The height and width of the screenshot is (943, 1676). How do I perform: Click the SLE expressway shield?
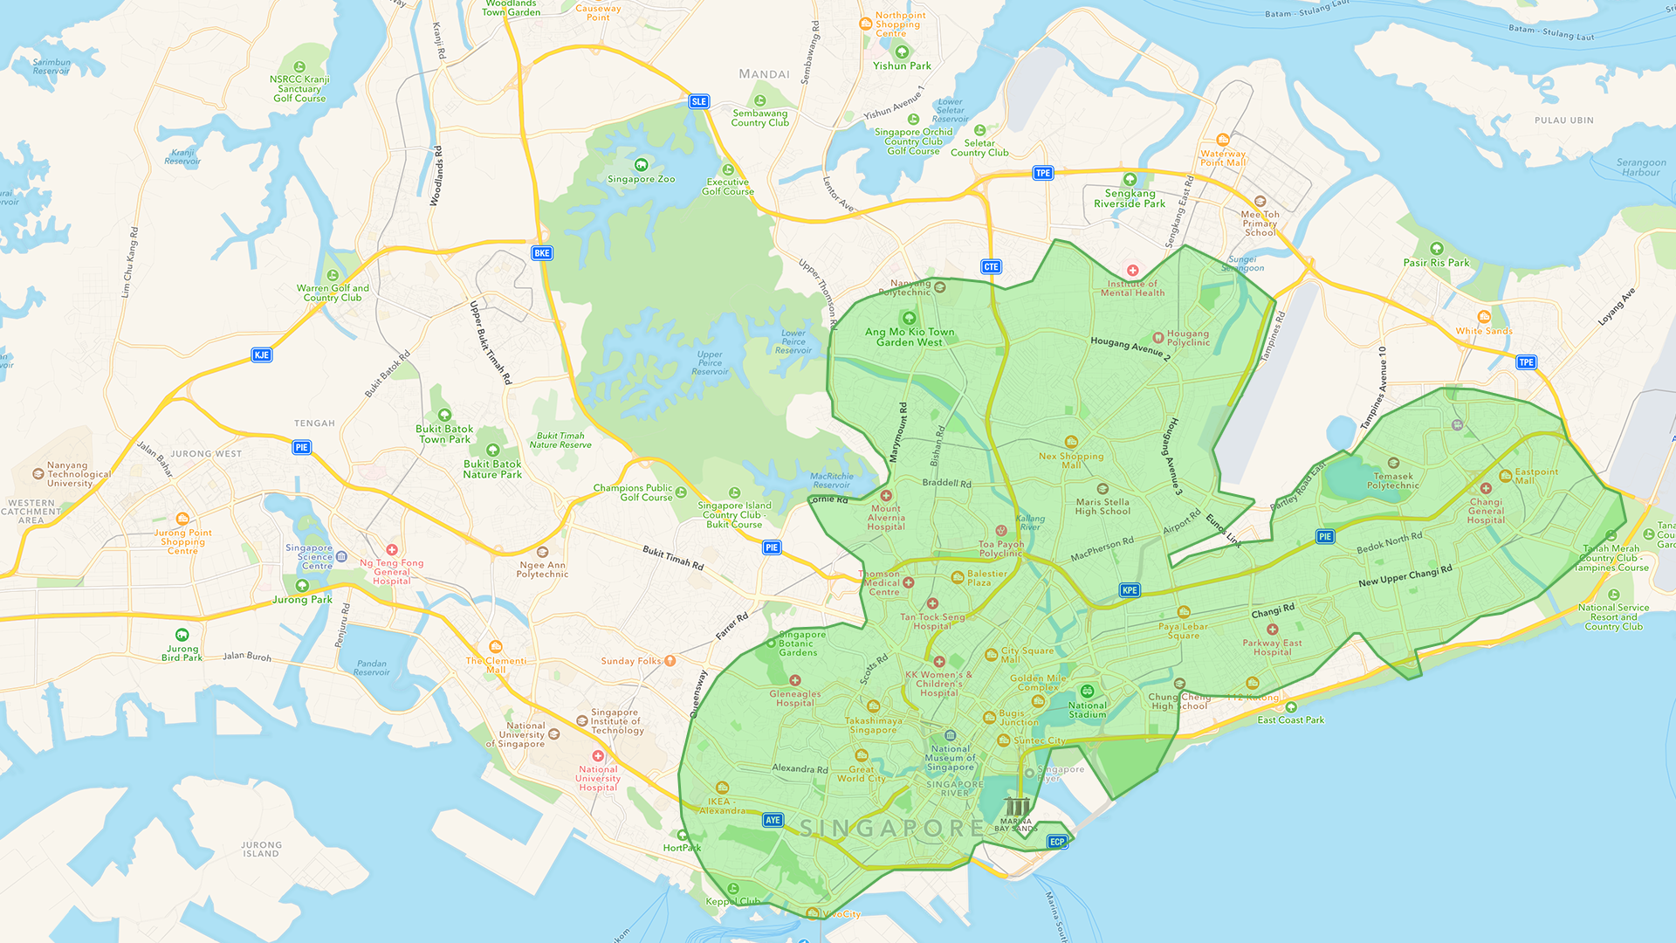[x=698, y=101]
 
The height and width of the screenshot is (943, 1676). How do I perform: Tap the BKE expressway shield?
[x=542, y=253]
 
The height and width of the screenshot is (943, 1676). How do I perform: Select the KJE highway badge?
[x=261, y=354]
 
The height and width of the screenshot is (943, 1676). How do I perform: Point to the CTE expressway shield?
[x=991, y=267]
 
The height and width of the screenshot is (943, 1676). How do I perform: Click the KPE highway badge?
[x=1130, y=590]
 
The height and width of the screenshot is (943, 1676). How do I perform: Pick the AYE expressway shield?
[x=773, y=820]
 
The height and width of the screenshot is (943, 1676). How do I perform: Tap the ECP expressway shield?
[x=1057, y=842]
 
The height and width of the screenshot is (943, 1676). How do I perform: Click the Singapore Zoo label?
[x=642, y=178]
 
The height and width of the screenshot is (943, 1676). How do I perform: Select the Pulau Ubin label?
[x=1563, y=120]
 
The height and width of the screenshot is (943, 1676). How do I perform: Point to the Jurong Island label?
[x=261, y=849]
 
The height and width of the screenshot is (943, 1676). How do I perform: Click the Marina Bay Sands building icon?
[x=1016, y=807]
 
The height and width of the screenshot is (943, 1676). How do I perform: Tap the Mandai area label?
[x=764, y=74]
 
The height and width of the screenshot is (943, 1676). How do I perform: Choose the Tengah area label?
[x=314, y=423]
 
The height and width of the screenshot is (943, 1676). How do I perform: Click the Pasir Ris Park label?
[x=1436, y=262]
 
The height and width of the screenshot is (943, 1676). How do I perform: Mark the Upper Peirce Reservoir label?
[x=710, y=363]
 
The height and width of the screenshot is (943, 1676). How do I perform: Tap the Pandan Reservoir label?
[x=372, y=667]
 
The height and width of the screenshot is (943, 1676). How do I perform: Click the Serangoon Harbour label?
[x=1641, y=167]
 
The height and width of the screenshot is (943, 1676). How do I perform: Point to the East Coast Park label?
[x=1290, y=719]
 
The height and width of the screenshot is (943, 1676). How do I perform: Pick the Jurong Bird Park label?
[x=182, y=652]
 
